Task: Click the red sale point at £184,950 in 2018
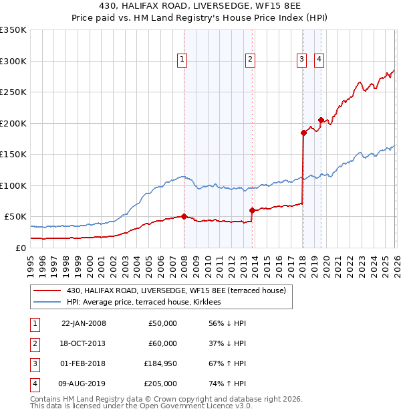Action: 303,133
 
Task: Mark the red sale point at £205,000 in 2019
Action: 321,120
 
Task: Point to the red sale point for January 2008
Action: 184,216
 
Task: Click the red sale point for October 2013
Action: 252,210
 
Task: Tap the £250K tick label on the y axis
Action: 13,92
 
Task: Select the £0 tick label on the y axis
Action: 21,248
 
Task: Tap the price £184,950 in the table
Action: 160,363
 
